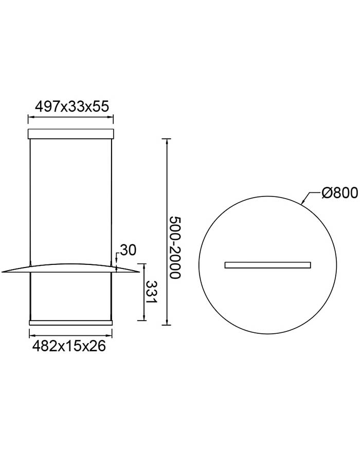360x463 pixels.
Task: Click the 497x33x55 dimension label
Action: [72, 106]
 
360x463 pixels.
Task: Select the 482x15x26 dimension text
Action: [69, 346]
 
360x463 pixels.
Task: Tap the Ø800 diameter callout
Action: [339, 193]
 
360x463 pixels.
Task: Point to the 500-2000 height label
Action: [174, 247]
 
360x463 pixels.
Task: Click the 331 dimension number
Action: [152, 292]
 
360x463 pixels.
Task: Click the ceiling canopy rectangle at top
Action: [70, 134]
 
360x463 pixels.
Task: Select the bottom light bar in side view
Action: [70, 323]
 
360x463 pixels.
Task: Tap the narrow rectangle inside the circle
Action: [267, 265]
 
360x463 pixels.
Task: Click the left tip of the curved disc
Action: [2, 271]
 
